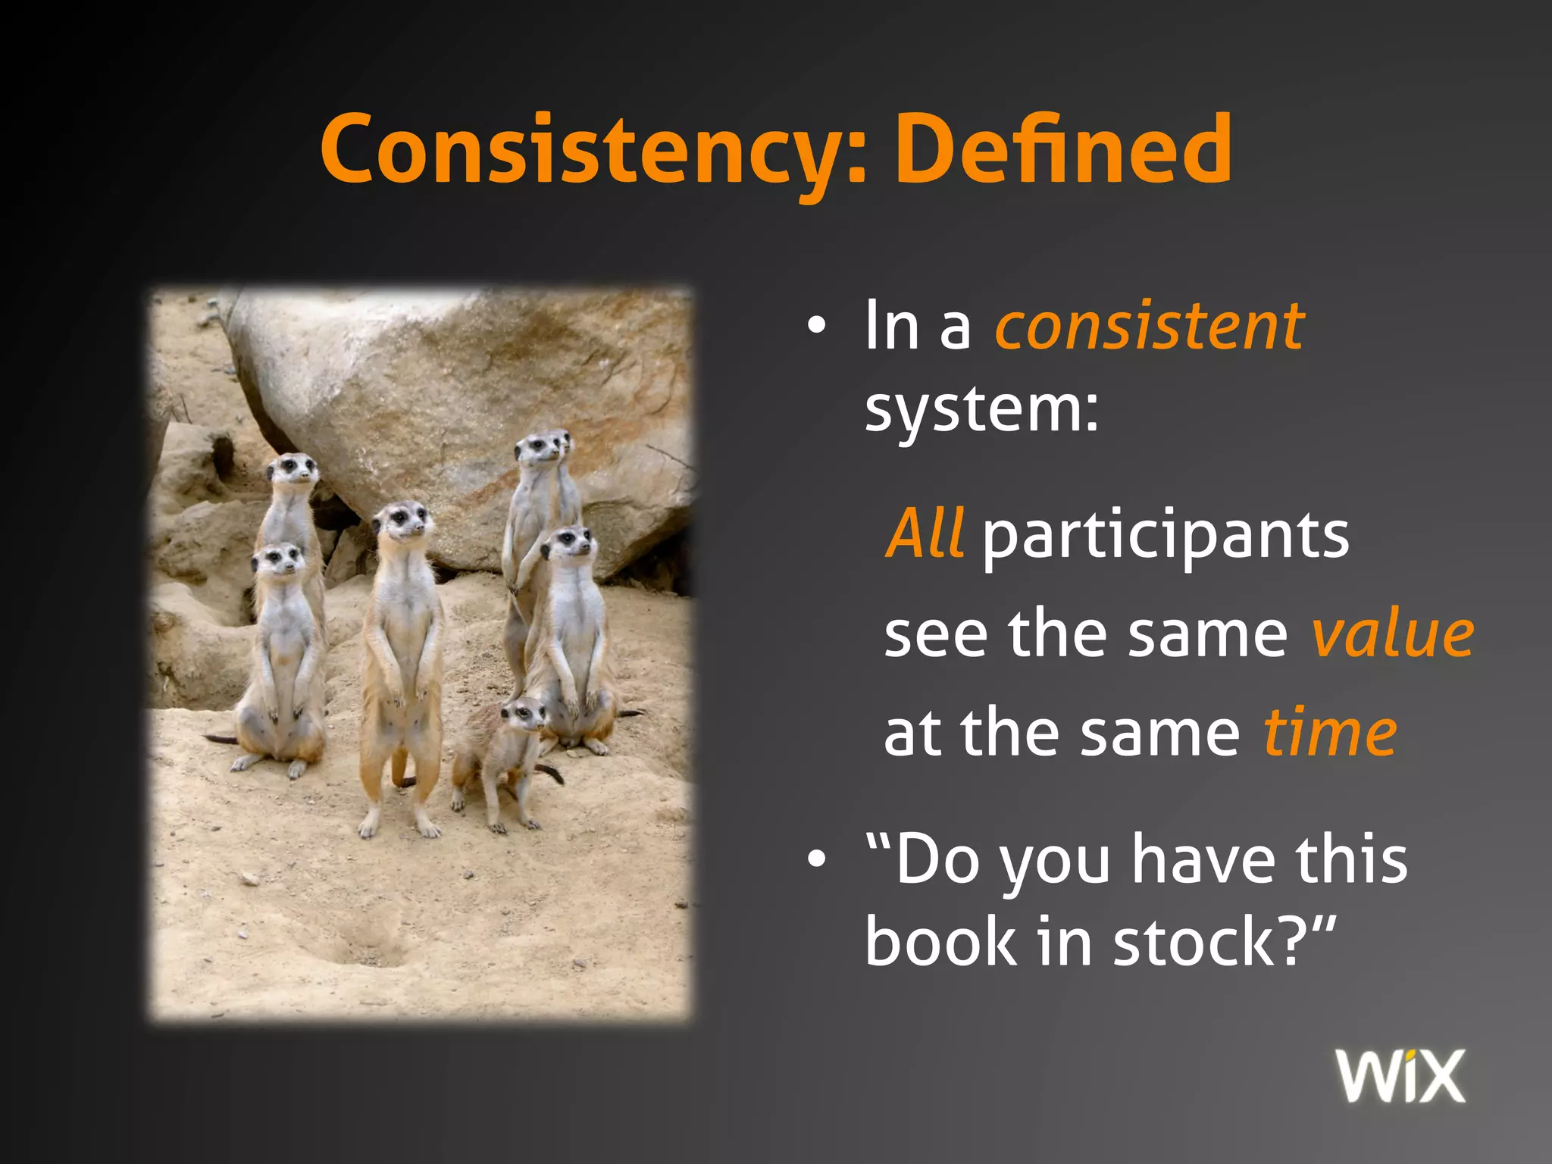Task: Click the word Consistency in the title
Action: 584,149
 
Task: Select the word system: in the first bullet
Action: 981,410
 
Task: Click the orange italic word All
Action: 925,533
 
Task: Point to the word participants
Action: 1166,537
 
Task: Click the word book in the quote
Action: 940,942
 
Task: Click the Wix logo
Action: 1400,1076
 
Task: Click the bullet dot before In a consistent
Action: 815,327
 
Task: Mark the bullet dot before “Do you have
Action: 815,860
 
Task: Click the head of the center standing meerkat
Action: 402,521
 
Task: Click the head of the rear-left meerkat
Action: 293,470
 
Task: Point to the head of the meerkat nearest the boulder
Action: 540,449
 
